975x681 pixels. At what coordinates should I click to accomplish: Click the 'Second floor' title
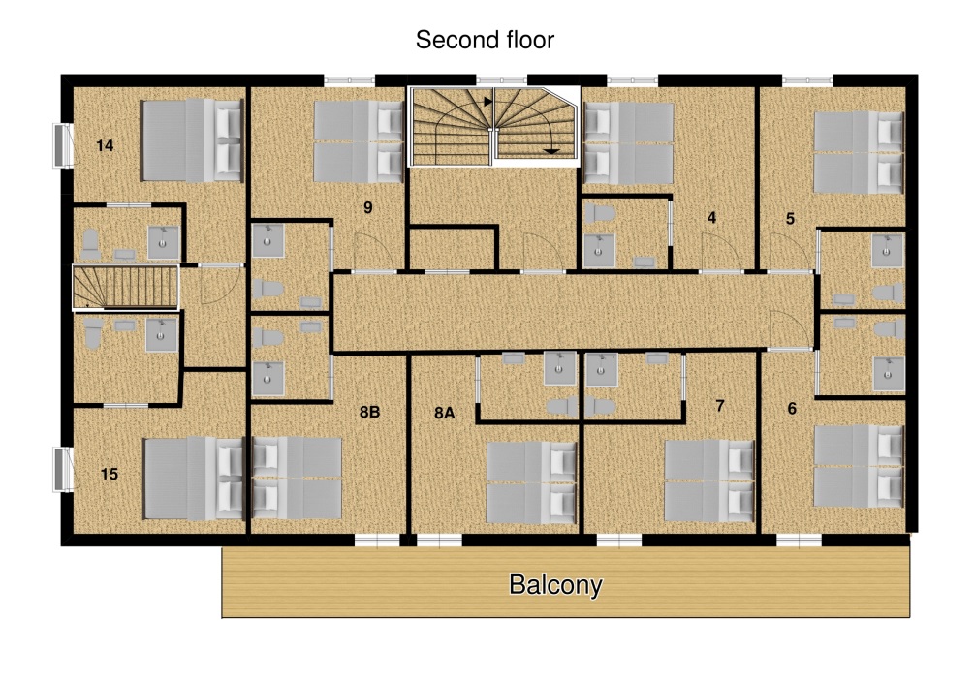click(x=485, y=40)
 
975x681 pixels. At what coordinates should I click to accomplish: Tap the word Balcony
click(x=555, y=585)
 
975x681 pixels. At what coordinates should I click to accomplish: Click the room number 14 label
click(x=105, y=145)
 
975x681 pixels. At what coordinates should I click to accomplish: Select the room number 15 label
click(x=109, y=474)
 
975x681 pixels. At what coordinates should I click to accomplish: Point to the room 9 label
click(x=368, y=207)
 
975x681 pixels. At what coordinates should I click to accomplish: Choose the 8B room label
click(x=369, y=412)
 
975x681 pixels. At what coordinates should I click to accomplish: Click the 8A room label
click(x=444, y=414)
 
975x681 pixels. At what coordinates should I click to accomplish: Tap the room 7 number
click(x=720, y=406)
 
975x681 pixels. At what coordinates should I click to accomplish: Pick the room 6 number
click(x=792, y=408)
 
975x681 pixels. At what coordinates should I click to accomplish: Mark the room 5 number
click(x=790, y=219)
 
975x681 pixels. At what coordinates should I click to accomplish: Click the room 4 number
click(x=712, y=217)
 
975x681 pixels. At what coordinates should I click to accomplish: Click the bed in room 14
click(x=192, y=139)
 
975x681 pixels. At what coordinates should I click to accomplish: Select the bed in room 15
click(x=193, y=478)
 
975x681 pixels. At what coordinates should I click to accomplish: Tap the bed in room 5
click(x=859, y=152)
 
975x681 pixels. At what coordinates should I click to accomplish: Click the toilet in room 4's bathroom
click(x=599, y=214)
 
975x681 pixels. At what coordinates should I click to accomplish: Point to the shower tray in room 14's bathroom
click(x=163, y=242)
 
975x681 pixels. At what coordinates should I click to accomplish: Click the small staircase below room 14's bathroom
click(x=126, y=287)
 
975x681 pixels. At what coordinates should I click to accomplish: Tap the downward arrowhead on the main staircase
click(x=551, y=151)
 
